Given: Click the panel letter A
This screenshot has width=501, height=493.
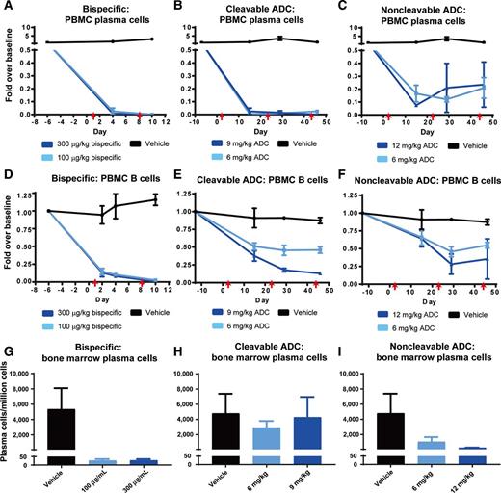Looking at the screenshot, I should coord(6,7).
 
